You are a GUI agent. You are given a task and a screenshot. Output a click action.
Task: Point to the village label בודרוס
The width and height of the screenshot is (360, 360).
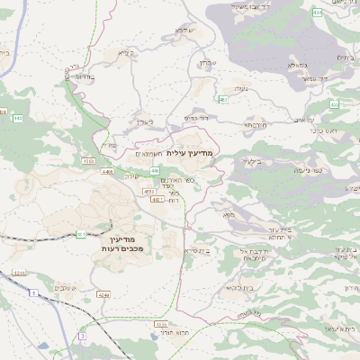pos(82,77)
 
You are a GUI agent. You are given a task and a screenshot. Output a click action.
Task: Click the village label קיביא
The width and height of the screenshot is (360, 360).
pos(125,52)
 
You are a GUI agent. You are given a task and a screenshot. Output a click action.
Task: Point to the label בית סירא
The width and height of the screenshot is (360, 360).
pos(198,251)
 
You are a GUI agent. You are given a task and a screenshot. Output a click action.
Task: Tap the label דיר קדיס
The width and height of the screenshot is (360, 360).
pos(197,118)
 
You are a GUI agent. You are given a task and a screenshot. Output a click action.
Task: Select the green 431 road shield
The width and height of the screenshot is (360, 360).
pos(82,235)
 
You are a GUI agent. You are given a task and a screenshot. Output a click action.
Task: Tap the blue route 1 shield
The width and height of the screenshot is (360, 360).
pos(34,292)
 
